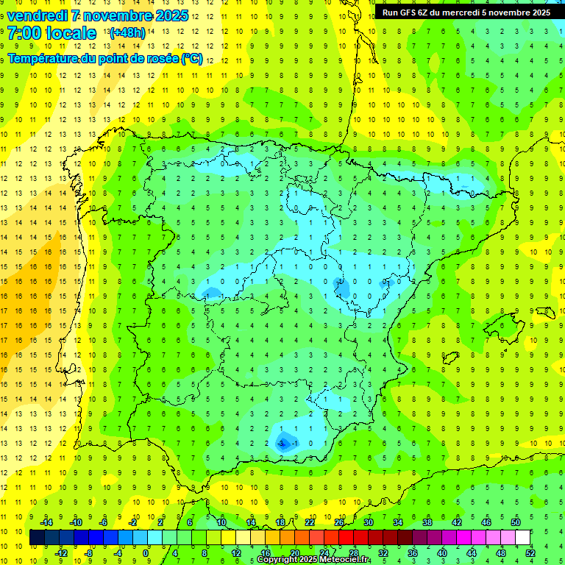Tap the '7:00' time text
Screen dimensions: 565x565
click(24, 33)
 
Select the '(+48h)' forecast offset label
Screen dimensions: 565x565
click(127, 33)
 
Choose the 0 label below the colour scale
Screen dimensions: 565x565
click(147, 552)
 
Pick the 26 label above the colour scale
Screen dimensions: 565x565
click(339, 522)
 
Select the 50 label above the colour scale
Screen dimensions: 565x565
click(516, 522)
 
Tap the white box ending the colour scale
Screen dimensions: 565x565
click(523, 537)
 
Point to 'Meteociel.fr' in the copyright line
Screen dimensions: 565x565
click(345, 560)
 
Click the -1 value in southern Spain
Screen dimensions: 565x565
click(294, 443)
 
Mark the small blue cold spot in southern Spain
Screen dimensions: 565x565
click(282, 442)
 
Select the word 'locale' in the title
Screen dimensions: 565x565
click(71, 33)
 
